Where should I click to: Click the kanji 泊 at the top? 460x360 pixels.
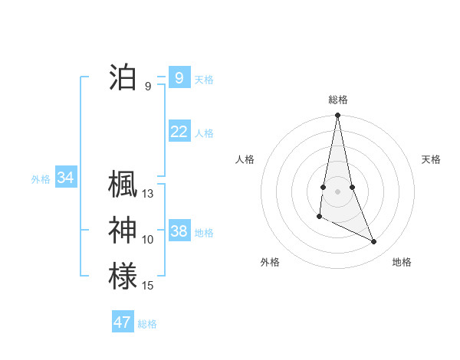click(x=123, y=78)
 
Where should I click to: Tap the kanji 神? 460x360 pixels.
click(x=123, y=230)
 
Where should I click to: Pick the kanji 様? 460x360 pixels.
click(x=123, y=275)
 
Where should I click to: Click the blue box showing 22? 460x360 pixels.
click(x=179, y=132)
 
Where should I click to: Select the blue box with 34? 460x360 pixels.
click(x=66, y=178)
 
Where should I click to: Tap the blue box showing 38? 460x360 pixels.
click(x=179, y=231)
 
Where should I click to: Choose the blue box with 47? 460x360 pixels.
click(x=123, y=322)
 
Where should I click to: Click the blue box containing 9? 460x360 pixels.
click(x=179, y=77)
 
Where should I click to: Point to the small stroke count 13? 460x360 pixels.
click(x=148, y=194)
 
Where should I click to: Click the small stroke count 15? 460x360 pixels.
click(x=148, y=285)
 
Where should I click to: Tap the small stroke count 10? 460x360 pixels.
click(x=148, y=240)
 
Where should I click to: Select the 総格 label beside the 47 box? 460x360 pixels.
click(x=147, y=324)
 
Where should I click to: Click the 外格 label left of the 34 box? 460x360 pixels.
click(x=41, y=179)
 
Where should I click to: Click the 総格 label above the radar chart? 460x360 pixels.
click(x=337, y=100)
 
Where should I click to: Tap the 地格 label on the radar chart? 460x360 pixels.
click(x=402, y=262)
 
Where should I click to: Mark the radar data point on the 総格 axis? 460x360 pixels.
click(x=337, y=116)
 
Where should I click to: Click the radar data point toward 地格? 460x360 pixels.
click(x=374, y=242)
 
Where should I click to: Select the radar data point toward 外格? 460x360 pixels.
click(x=319, y=217)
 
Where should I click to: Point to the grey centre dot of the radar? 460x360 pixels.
click(x=337, y=190)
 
